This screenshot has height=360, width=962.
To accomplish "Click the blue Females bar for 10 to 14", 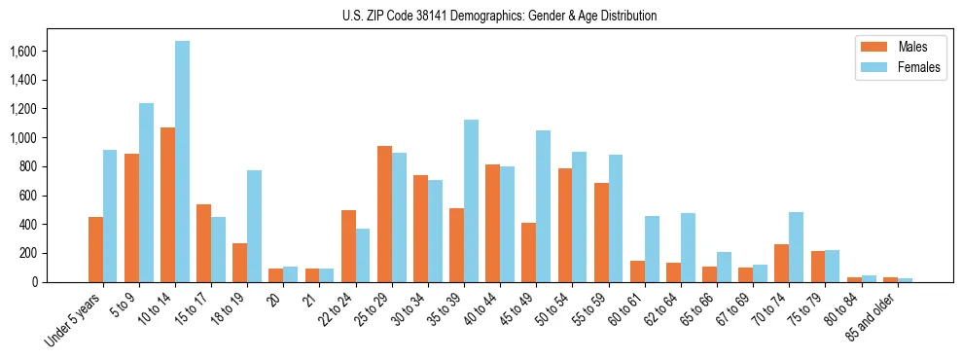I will point(183,162).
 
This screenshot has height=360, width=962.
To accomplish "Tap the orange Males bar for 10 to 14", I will point(168,204).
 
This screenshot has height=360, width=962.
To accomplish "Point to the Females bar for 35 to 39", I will point(472,200).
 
